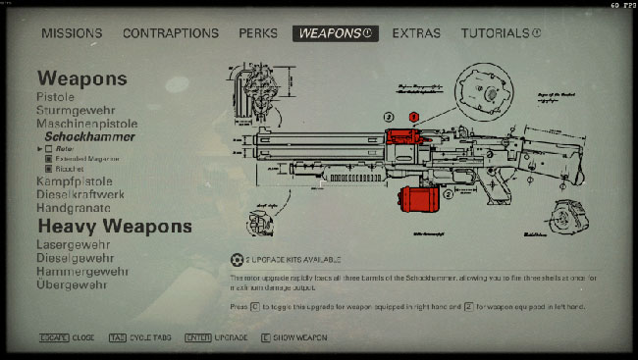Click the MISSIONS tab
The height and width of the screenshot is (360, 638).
pyautogui.click(x=72, y=33)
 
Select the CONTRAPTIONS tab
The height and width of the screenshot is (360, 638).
pyautogui.click(x=171, y=33)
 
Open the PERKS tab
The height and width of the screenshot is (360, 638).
pyautogui.click(x=257, y=33)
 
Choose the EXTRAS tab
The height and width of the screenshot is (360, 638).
pyautogui.click(x=416, y=33)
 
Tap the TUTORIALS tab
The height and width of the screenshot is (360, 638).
pyautogui.click(x=501, y=33)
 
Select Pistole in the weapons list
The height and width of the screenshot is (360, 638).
pyautogui.click(x=56, y=97)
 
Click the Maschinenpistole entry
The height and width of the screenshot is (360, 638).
pyautogui.click(x=87, y=125)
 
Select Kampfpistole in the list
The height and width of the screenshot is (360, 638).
pyautogui.click(x=75, y=182)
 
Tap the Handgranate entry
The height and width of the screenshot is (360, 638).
pyautogui.click(x=73, y=209)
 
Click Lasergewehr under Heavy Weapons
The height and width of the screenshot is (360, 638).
pyautogui.click(x=74, y=243)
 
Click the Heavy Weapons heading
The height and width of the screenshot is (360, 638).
pyautogui.click(x=114, y=227)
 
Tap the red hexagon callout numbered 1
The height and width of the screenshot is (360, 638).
pyautogui.click(x=414, y=117)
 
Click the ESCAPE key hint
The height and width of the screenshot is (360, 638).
pyautogui.click(x=53, y=337)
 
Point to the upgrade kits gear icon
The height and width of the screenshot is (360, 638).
pyautogui.click(x=236, y=260)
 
